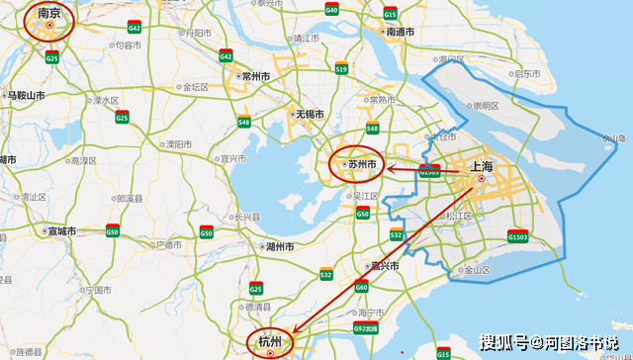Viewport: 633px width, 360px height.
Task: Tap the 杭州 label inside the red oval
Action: tap(270, 341)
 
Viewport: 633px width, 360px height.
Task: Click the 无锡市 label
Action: tap(310, 115)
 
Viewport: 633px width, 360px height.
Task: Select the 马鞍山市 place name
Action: tap(26, 96)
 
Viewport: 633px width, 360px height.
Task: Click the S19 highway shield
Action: tap(341, 69)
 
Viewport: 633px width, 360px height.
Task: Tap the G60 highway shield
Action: tap(361, 287)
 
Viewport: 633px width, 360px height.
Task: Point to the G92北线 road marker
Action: tap(365, 327)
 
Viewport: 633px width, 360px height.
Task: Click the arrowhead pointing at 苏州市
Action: tap(390, 168)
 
